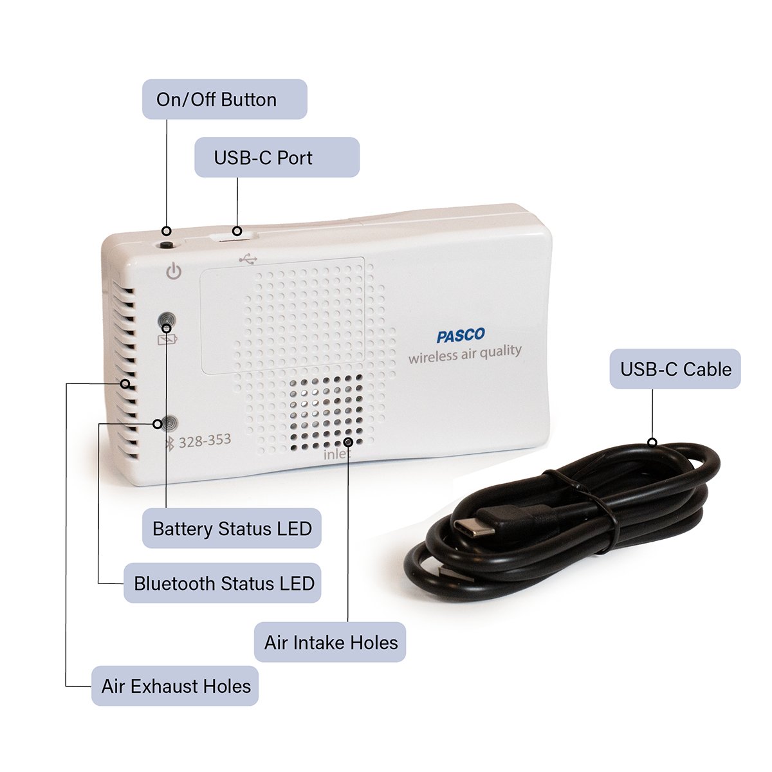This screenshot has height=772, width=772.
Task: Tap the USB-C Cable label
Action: tap(675, 369)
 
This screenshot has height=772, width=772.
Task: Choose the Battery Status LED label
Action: tap(232, 529)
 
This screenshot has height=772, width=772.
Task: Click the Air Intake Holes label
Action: tap(330, 642)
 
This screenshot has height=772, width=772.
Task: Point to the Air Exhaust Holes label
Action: tap(175, 686)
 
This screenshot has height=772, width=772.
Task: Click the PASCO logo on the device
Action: tap(461, 336)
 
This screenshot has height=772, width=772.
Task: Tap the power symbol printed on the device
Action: tap(174, 271)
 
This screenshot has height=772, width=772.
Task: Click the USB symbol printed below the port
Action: tap(248, 259)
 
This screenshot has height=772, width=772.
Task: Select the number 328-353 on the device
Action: tap(205, 441)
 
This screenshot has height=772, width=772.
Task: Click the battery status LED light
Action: tap(167, 319)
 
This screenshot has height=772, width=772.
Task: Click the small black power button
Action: tap(167, 244)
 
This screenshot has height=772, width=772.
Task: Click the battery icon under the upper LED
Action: tap(166, 339)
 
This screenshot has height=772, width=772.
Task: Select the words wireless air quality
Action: tap(464, 354)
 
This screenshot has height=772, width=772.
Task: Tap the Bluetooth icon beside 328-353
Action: tap(170, 443)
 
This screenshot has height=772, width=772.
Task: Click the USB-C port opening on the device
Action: tap(232, 239)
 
